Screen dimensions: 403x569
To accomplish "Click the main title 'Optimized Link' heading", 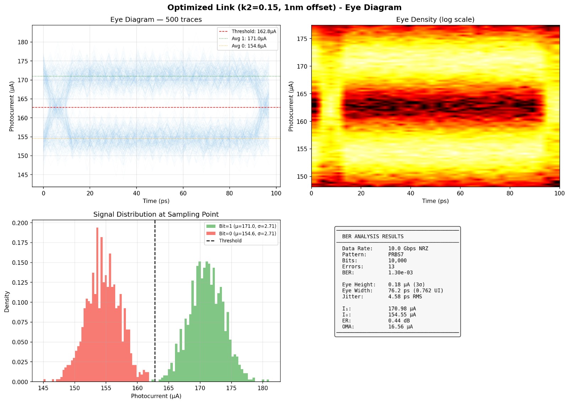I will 284,7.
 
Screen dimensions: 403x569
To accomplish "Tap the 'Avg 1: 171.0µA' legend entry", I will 249,38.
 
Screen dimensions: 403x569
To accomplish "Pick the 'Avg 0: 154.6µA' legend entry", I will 249,46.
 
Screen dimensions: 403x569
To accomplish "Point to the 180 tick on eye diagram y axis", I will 23,42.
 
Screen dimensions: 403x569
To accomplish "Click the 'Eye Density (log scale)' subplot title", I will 435,20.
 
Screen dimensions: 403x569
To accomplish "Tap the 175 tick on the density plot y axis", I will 302,39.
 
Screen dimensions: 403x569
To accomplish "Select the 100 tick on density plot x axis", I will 559,193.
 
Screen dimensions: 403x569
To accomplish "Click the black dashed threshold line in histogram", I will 155,303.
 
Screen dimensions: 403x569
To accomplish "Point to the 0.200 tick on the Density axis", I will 20,223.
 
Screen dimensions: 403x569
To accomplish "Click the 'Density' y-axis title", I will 7,302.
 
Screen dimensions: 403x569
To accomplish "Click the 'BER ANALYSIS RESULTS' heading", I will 373,236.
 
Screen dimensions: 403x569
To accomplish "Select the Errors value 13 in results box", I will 391,267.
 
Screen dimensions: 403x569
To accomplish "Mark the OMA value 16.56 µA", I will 400,327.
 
